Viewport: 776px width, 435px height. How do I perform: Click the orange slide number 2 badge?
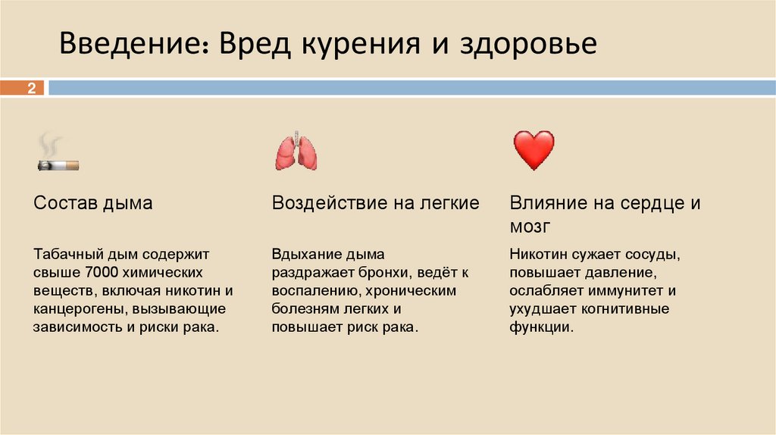tap(32, 89)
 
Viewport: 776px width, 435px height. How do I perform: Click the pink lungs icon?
tap(296, 152)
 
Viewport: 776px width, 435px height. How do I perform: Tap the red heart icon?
tap(533, 150)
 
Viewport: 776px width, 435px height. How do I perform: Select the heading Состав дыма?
tap(93, 203)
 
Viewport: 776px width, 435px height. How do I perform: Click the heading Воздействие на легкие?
tap(376, 203)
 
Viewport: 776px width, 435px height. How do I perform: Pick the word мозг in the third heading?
tap(530, 227)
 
